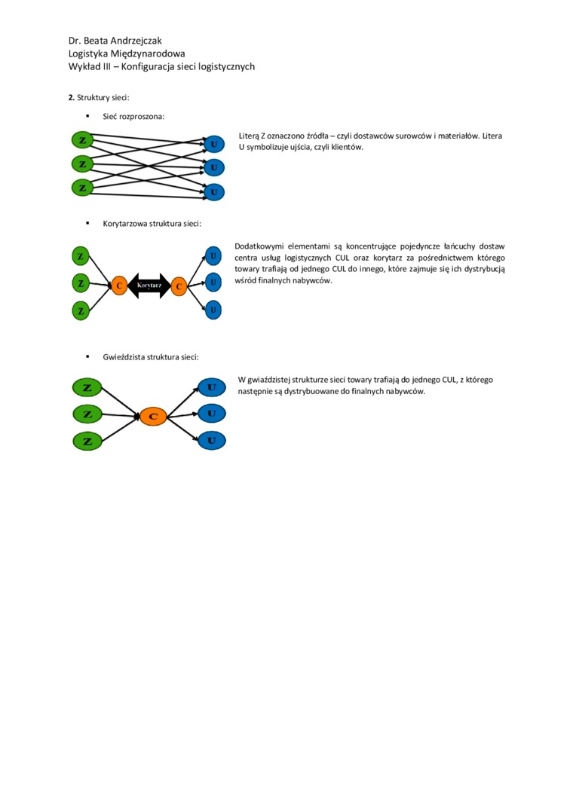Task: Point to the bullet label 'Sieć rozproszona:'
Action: coord(133,117)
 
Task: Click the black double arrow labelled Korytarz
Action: coord(149,286)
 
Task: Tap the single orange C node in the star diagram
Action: coord(153,416)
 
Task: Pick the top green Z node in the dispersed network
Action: coord(82,140)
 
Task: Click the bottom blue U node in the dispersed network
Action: coord(214,193)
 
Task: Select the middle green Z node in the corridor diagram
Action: coord(81,283)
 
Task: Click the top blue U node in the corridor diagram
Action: coord(214,256)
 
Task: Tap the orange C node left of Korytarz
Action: coord(118,286)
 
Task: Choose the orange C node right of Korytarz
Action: coord(179,286)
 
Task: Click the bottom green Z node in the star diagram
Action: coord(87,442)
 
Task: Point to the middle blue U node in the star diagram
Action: coord(212,414)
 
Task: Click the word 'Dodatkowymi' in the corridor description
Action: coord(258,246)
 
